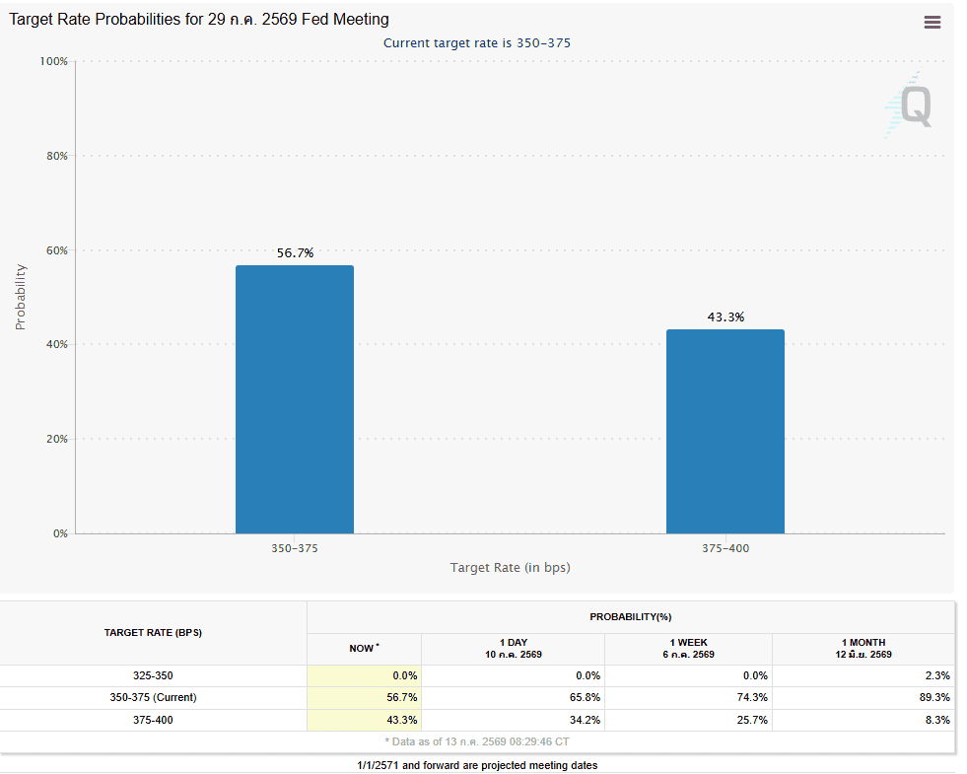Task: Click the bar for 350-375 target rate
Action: pos(295,399)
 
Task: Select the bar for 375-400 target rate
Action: pos(725,432)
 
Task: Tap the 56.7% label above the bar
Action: pos(295,252)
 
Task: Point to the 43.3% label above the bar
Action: pos(725,317)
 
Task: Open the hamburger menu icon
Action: pos(932,23)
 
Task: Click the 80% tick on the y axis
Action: pos(57,156)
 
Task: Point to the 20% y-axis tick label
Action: pos(57,439)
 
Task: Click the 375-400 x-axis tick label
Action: pos(725,548)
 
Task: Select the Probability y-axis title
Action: pos(21,297)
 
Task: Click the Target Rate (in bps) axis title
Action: pos(510,567)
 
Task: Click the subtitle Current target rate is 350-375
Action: pos(477,43)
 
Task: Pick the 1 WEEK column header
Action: pos(688,643)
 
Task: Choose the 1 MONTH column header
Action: pos(863,643)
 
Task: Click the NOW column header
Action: pos(364,648)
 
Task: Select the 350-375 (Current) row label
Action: pos(153,697)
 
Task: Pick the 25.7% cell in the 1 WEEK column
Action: pos(752,720)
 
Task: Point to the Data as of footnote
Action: pos(477,741)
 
